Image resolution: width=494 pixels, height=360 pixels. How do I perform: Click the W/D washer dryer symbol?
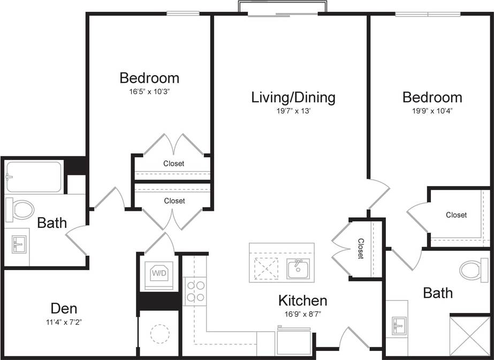coord(159,273)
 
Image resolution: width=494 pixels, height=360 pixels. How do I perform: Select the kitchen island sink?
coord(298,269)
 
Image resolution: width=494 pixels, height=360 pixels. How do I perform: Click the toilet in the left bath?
coord(20,209)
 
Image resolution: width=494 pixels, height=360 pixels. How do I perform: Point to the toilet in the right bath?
coord(474,270)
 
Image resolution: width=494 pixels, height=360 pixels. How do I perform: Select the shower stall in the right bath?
coord(469,335)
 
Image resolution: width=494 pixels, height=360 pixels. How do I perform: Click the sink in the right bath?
coord(399,325)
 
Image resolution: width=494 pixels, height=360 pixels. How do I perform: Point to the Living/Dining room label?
coord(293,97)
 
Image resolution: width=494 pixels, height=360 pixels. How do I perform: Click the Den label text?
coord(64,308)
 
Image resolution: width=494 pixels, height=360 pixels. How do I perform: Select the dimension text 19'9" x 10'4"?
coord(432,111)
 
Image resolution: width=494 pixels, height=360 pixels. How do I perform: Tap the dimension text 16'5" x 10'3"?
coord(149,91)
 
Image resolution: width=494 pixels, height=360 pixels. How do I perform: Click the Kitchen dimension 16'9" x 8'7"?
coord(302,314)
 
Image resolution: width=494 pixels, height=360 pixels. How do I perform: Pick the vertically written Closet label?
coord(360,249)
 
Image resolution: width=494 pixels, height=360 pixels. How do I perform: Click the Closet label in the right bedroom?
coord(456,215)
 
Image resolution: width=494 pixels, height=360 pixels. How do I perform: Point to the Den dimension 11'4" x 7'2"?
coord(64,321)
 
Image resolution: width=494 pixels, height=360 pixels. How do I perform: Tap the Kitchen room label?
coord(302,300)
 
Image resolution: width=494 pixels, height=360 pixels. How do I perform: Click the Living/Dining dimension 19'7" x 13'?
coord(293,111)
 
